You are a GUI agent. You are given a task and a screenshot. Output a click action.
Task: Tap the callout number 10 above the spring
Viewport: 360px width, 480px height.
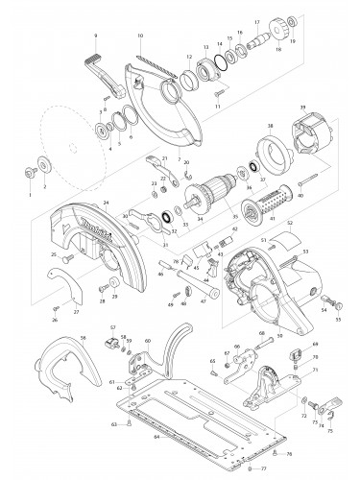140,36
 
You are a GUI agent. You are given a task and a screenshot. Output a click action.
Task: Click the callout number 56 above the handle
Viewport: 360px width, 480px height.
84,337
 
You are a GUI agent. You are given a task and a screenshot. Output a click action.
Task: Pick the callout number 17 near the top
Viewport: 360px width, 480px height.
257,21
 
